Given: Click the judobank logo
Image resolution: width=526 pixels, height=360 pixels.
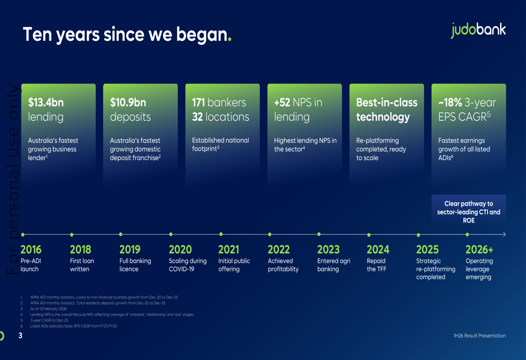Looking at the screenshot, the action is point(478,30).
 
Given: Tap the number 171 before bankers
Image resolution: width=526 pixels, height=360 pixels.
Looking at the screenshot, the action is point(198,102).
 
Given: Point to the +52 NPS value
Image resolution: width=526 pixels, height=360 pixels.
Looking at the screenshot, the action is point(282,102).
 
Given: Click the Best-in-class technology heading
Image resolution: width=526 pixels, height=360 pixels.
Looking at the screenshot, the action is point(387,110).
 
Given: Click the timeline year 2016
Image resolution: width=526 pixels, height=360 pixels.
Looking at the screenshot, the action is point(31,250).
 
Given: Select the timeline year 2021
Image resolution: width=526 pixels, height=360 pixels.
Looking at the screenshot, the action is point(228,250).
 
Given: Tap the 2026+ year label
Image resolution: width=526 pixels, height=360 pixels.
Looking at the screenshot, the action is point(479,250).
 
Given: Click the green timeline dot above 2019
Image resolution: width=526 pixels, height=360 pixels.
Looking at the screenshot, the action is point(121,234).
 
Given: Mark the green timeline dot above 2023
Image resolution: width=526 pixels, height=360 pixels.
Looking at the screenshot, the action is point(319,234).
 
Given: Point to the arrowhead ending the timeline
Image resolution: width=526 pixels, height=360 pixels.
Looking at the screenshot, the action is point(504,234).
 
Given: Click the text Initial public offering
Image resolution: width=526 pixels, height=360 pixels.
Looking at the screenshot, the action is point(234,265).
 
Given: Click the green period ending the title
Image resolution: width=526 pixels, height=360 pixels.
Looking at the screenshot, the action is point(230,40).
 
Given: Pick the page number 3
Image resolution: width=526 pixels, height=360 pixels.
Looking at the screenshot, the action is point(21,335).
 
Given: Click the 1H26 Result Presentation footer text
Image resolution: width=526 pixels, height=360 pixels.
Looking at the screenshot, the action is point(480,335).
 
